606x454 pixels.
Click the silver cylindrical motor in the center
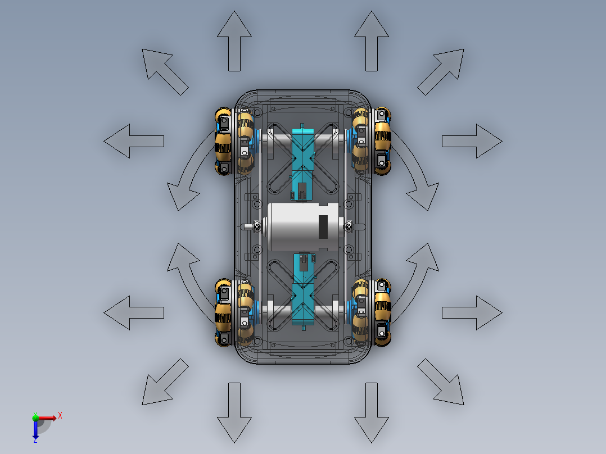304,227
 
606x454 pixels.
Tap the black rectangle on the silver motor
323,227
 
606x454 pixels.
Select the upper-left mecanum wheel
234,141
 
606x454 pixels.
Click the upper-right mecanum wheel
372,141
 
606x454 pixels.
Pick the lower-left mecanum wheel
234,312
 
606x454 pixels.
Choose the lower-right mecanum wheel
372,312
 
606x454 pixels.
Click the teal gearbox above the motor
302,162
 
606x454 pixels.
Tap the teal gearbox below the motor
304,290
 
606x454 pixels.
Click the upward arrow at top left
234,41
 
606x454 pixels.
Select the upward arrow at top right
372,41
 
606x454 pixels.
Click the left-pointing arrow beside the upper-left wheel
134,141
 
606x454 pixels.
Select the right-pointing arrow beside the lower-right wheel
472,312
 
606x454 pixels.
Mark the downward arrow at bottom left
234,412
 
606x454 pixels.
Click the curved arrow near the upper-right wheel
414,167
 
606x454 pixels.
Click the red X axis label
60,416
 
